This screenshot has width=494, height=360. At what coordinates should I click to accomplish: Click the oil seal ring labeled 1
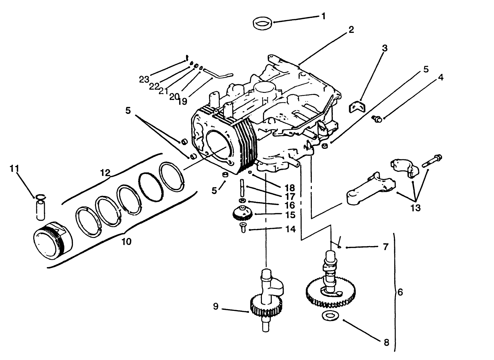tap(263, 24)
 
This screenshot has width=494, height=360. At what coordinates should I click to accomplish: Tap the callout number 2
tap(351, 30)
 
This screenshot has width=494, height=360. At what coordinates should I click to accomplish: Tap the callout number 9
tap(216, 307)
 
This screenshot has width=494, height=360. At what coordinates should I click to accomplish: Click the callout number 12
tap(105, 173)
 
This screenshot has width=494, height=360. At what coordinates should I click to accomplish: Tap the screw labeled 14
tap(243, 228)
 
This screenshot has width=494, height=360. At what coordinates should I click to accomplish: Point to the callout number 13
tap(415, 207)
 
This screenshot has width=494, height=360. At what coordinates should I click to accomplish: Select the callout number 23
tap(144, 79)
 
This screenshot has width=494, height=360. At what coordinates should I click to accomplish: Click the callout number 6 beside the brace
tap(400, 292)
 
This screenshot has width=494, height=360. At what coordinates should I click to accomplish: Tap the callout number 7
tap(385, 247)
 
